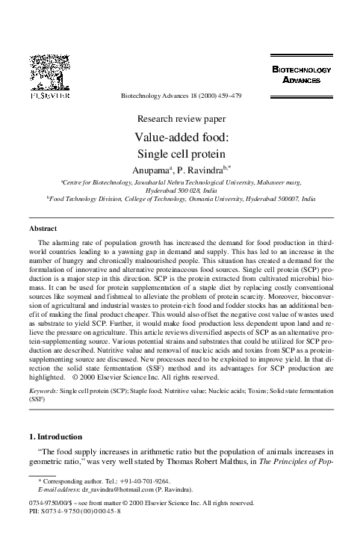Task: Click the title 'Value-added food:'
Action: pos(181,138)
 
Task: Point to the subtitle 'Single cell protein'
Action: pos(181,155)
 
